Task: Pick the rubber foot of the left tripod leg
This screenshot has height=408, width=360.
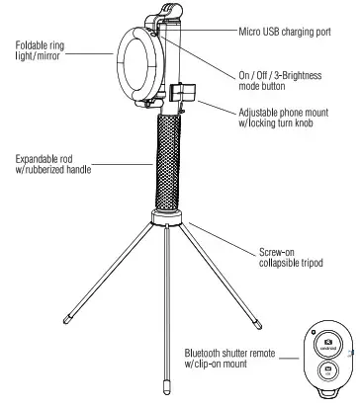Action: point(66,319)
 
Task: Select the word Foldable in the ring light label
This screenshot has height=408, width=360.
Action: point(34,44)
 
